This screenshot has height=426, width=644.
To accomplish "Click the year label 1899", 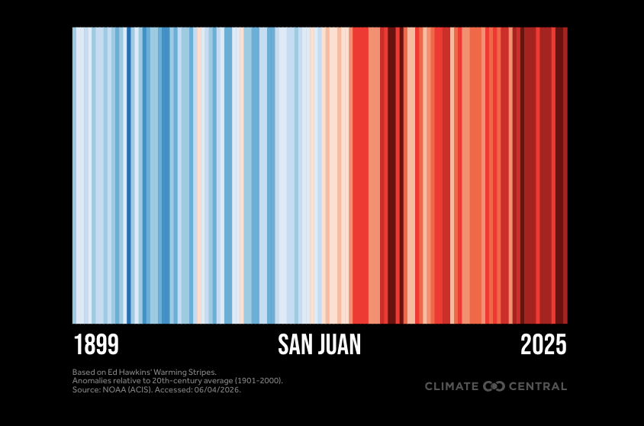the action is [x=96, y=344].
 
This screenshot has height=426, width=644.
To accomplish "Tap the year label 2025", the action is [x=543, y=344].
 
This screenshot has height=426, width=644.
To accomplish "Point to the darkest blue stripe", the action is [x=128, y=176].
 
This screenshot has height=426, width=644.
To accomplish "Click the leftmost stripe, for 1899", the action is [x=74, y=176].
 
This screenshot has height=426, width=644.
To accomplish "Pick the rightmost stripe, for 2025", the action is [x=565, y=176].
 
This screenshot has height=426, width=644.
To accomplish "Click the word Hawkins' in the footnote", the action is [x=132, y=373].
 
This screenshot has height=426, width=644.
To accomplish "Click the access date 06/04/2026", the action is [x=217, y=389].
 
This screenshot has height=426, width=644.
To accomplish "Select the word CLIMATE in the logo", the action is [x=452, y=386].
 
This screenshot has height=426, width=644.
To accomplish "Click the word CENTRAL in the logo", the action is [x=538, y=386].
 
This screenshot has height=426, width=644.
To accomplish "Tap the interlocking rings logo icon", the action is [x=494, y=386].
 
